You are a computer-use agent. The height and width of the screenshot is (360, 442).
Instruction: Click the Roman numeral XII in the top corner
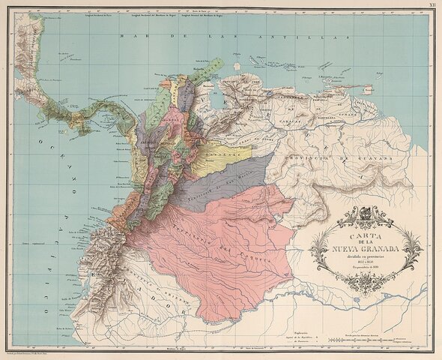pyautogui.click(x=432, y=4)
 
